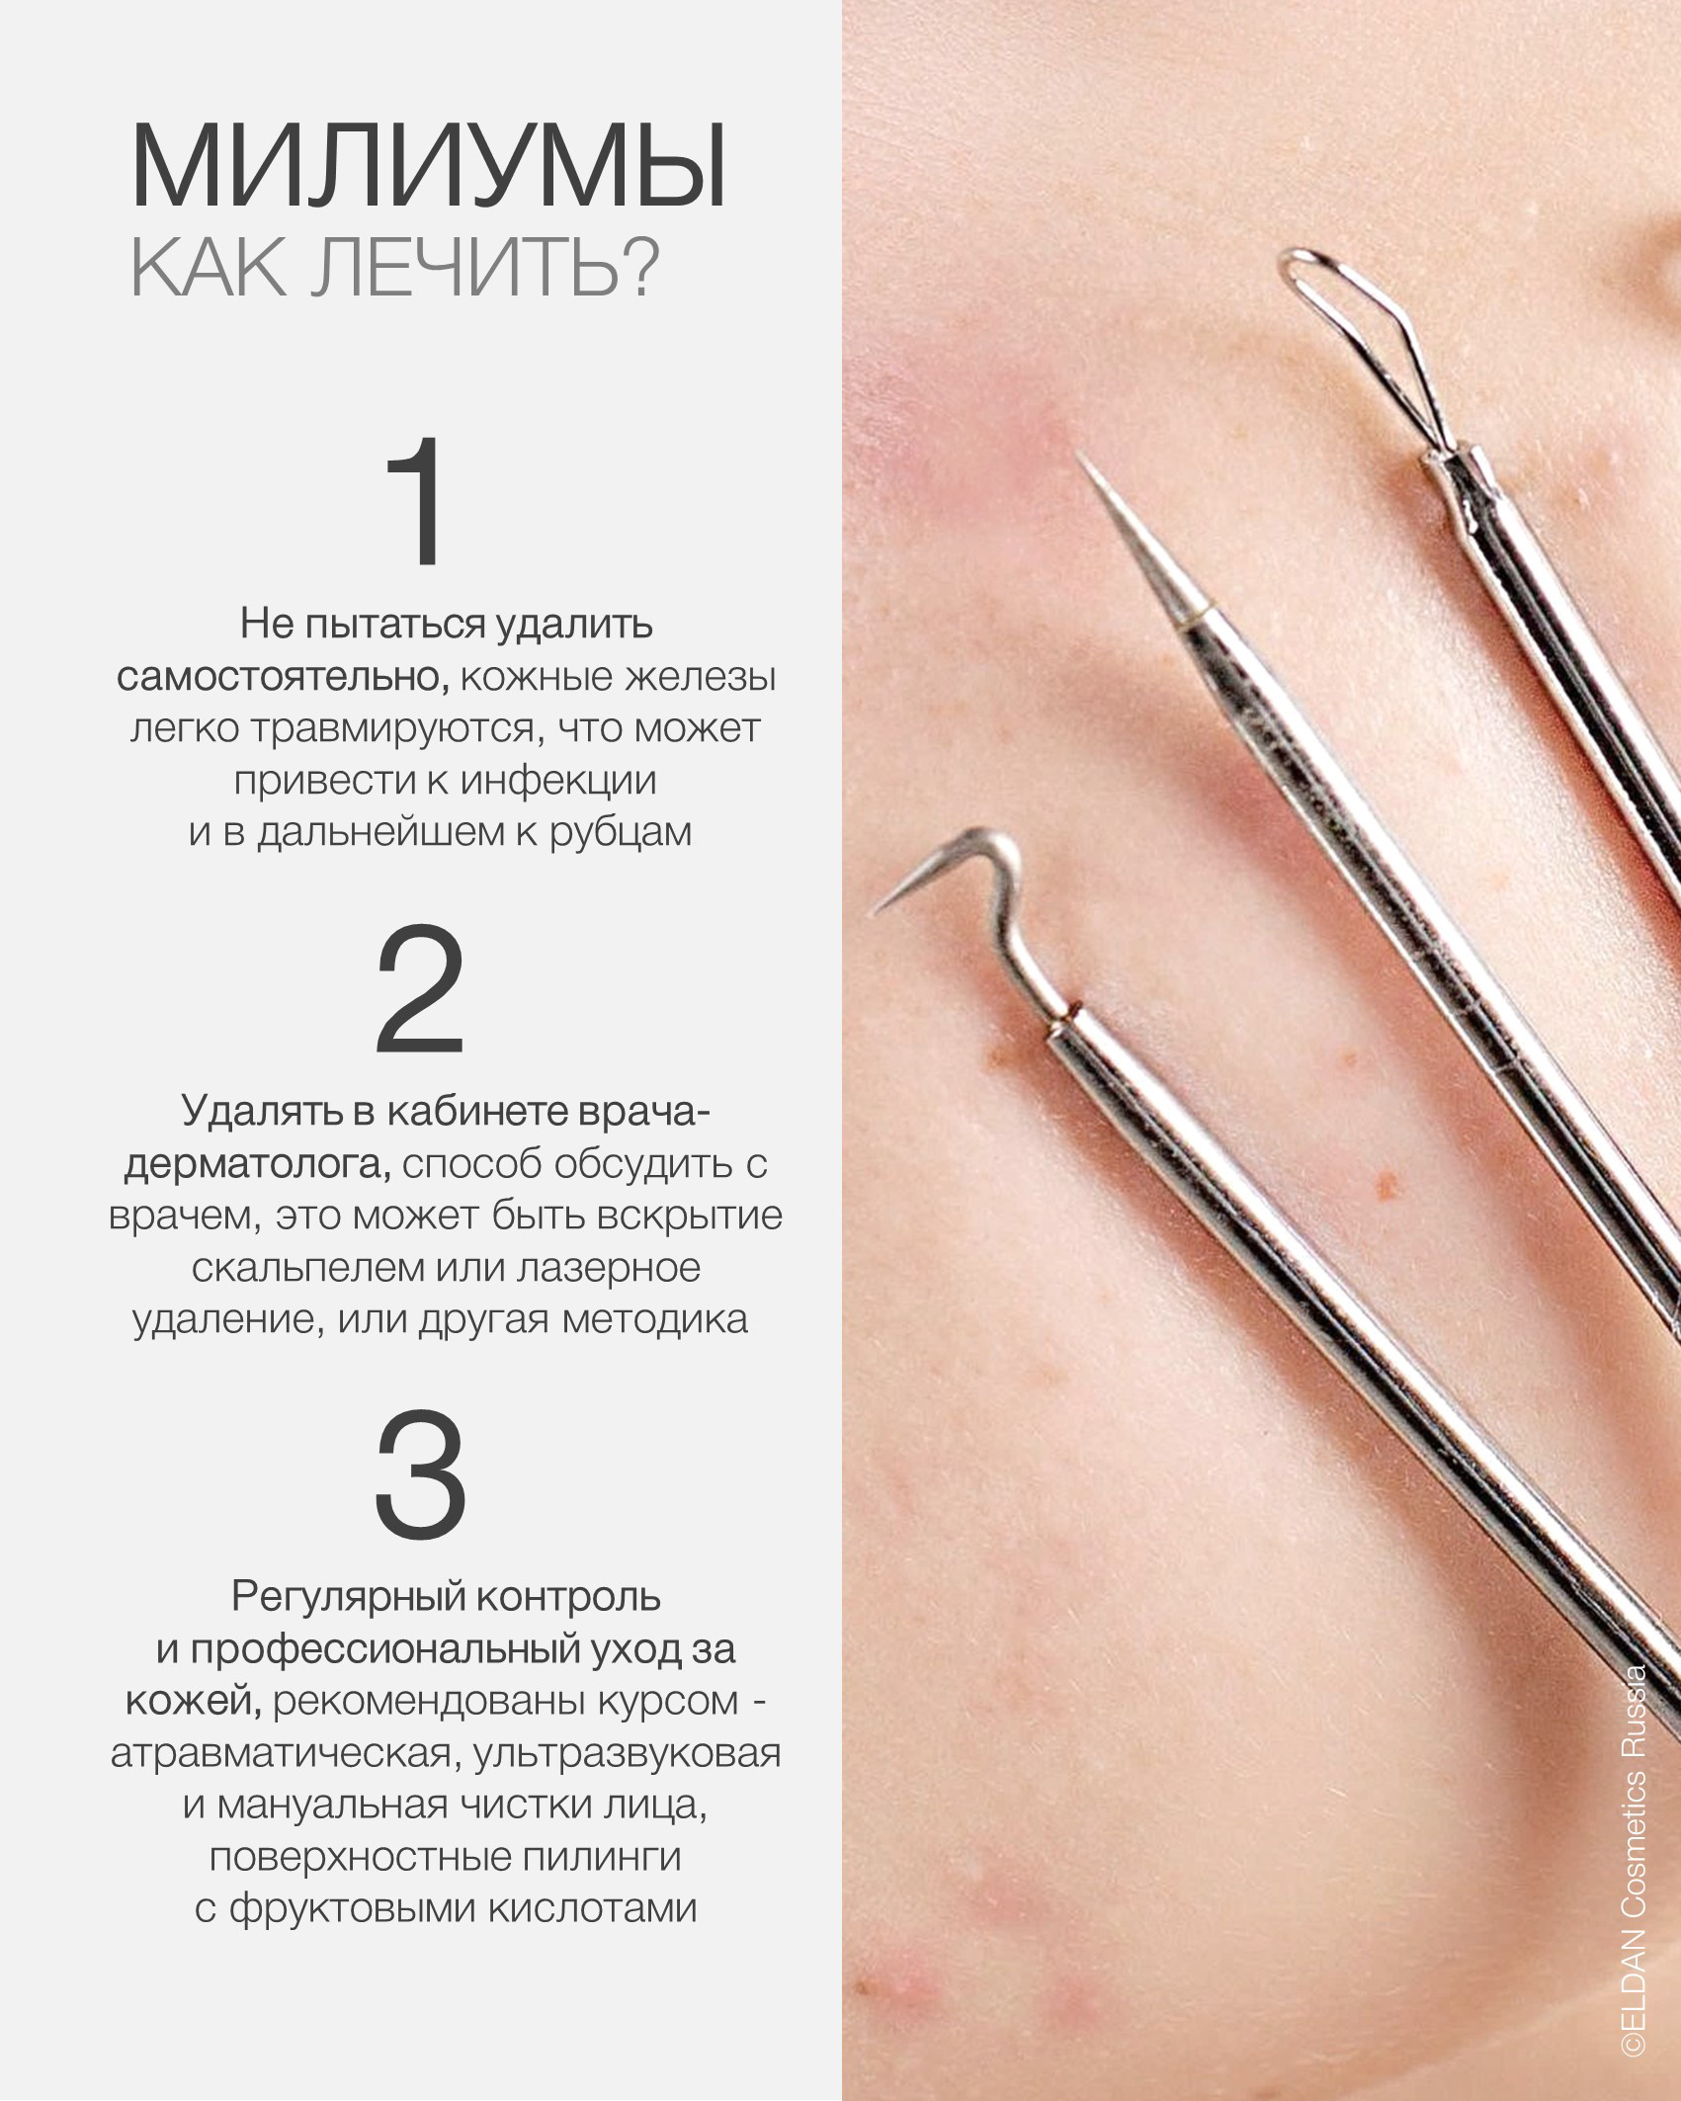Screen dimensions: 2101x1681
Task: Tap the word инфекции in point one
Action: (x=558, y=781)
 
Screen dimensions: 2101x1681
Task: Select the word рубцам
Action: (x=620, y=832)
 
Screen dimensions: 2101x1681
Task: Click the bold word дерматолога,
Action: (x=257, y=1164)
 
